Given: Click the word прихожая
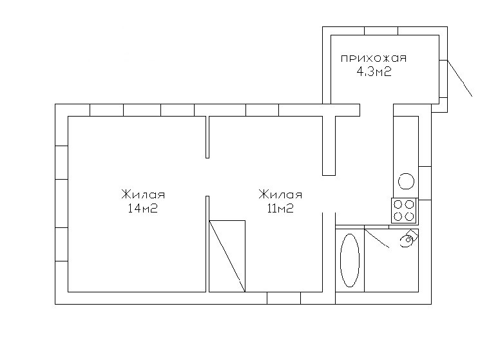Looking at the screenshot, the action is click(x=374, y=58).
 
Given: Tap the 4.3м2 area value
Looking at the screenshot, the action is click(x=374, y=72).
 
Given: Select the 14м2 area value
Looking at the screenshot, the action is click(x=143, y=208).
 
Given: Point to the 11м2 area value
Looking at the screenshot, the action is click(x=280, y=208).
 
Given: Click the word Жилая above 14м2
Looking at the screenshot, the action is click(x=143, y=194).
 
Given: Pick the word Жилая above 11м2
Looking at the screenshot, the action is click(x=280, y=194).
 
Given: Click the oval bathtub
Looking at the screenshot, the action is click(x=350, y=260).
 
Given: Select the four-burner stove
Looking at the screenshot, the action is click(x=404, y=211).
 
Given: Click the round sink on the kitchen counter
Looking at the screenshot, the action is click(x=406, y=181).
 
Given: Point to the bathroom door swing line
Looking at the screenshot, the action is click(x=377, y=238).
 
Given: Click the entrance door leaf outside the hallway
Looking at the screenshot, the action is click(x=460, y=78).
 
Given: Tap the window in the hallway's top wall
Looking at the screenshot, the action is click(x=381, y=31).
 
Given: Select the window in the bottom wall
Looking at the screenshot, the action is click(x=283, y=298).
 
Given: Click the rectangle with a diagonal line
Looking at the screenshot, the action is click(x=227, y=256).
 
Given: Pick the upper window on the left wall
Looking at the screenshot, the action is click(x=62, y=162).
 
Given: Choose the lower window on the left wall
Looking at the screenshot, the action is click(x=62, y=244).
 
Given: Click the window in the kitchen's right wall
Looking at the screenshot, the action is click(x=425, y=183).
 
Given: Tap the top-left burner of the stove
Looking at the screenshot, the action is click(x=398, y=204).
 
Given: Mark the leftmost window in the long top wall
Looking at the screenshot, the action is click(x=106, y=110).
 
